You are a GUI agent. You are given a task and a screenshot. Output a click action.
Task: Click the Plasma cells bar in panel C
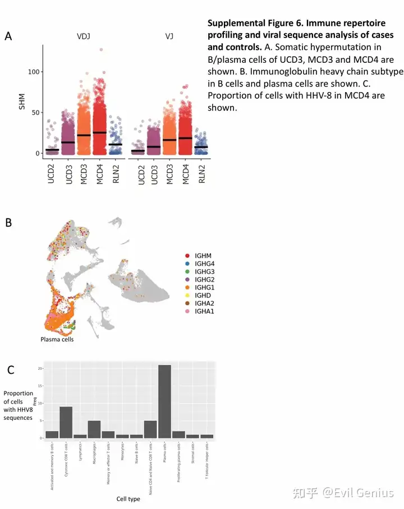coord(164,401)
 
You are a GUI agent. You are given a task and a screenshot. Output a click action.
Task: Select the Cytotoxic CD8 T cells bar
coord(66,422)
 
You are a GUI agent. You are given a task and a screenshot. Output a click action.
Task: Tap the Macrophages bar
coord(94,429)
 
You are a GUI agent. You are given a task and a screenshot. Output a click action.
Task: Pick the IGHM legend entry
coord(203,255)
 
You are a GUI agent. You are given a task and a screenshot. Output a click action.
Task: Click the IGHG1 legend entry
coord(203,287)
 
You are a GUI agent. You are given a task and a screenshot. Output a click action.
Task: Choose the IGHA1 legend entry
coord(203,310)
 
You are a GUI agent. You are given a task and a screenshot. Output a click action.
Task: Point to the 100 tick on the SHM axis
coord(34,72)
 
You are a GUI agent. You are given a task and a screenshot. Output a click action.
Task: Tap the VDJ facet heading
coord(84,36)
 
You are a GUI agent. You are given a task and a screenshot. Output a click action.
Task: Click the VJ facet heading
coord(169,36)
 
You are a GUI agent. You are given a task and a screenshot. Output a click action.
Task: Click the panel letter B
coord(8,223)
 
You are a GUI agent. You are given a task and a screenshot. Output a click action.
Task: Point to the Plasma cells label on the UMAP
coord(57,339)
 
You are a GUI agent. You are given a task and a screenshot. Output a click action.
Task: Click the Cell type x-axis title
coord(128,499)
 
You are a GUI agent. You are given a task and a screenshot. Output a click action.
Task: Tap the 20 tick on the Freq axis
coord(40,368)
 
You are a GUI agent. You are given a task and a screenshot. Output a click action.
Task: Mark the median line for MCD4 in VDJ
coord(100,132)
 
